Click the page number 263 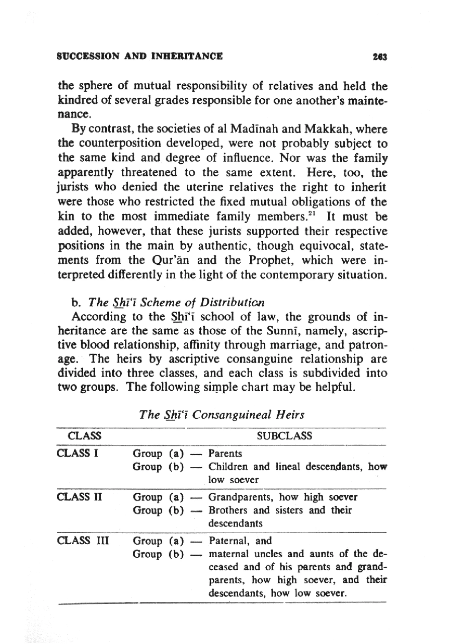pos(380,57)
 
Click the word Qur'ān pos(170,260)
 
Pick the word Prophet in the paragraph pos(271,260)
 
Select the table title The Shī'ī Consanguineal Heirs pos(222,415)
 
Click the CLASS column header pos(84,436)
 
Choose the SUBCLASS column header pos(284,436)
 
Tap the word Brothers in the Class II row pos(228,510)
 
